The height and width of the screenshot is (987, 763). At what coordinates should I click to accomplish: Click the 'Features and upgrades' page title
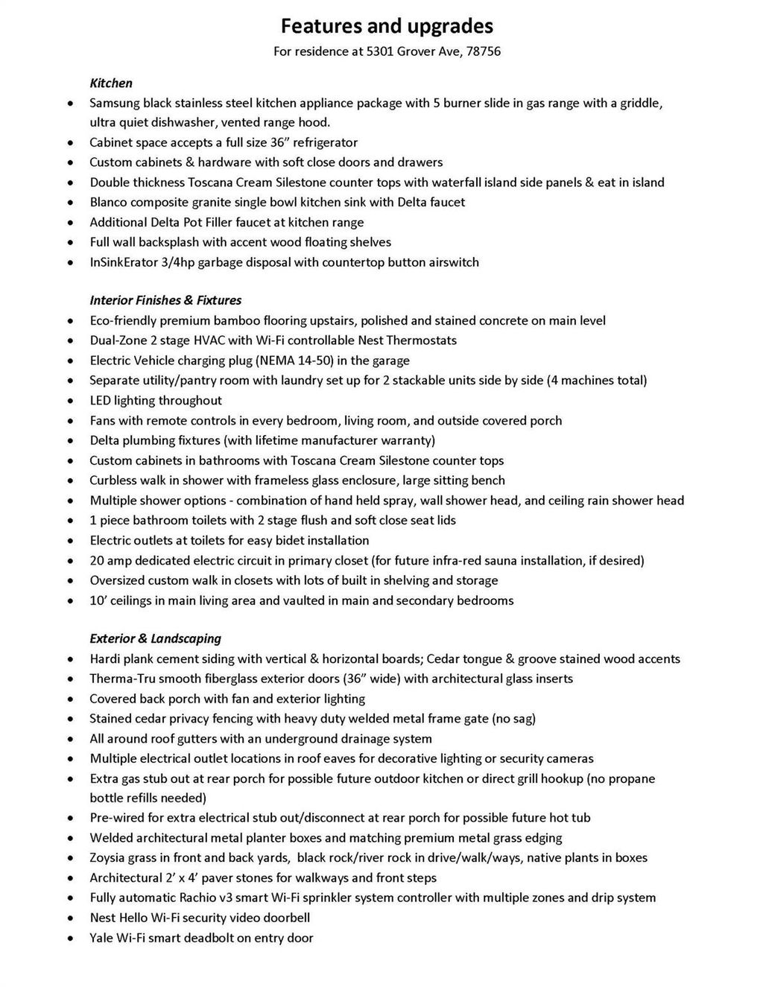coord(387,26)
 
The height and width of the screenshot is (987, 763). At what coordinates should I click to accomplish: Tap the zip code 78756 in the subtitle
coord(484,51)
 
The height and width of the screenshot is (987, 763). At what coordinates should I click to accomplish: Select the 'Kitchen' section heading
coord(111,83)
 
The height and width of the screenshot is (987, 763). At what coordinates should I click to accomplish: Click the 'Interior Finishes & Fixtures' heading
coord(165,300)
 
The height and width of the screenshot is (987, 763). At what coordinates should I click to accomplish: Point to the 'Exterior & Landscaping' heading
coord(155,638)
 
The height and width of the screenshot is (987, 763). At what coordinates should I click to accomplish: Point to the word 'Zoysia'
coord(108,857)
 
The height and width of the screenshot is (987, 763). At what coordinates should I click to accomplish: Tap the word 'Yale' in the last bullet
coord(101,938)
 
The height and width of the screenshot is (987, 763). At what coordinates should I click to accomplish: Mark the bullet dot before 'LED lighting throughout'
coord(70,402)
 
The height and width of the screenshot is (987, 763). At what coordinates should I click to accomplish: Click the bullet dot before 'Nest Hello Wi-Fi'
coord(70,918)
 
